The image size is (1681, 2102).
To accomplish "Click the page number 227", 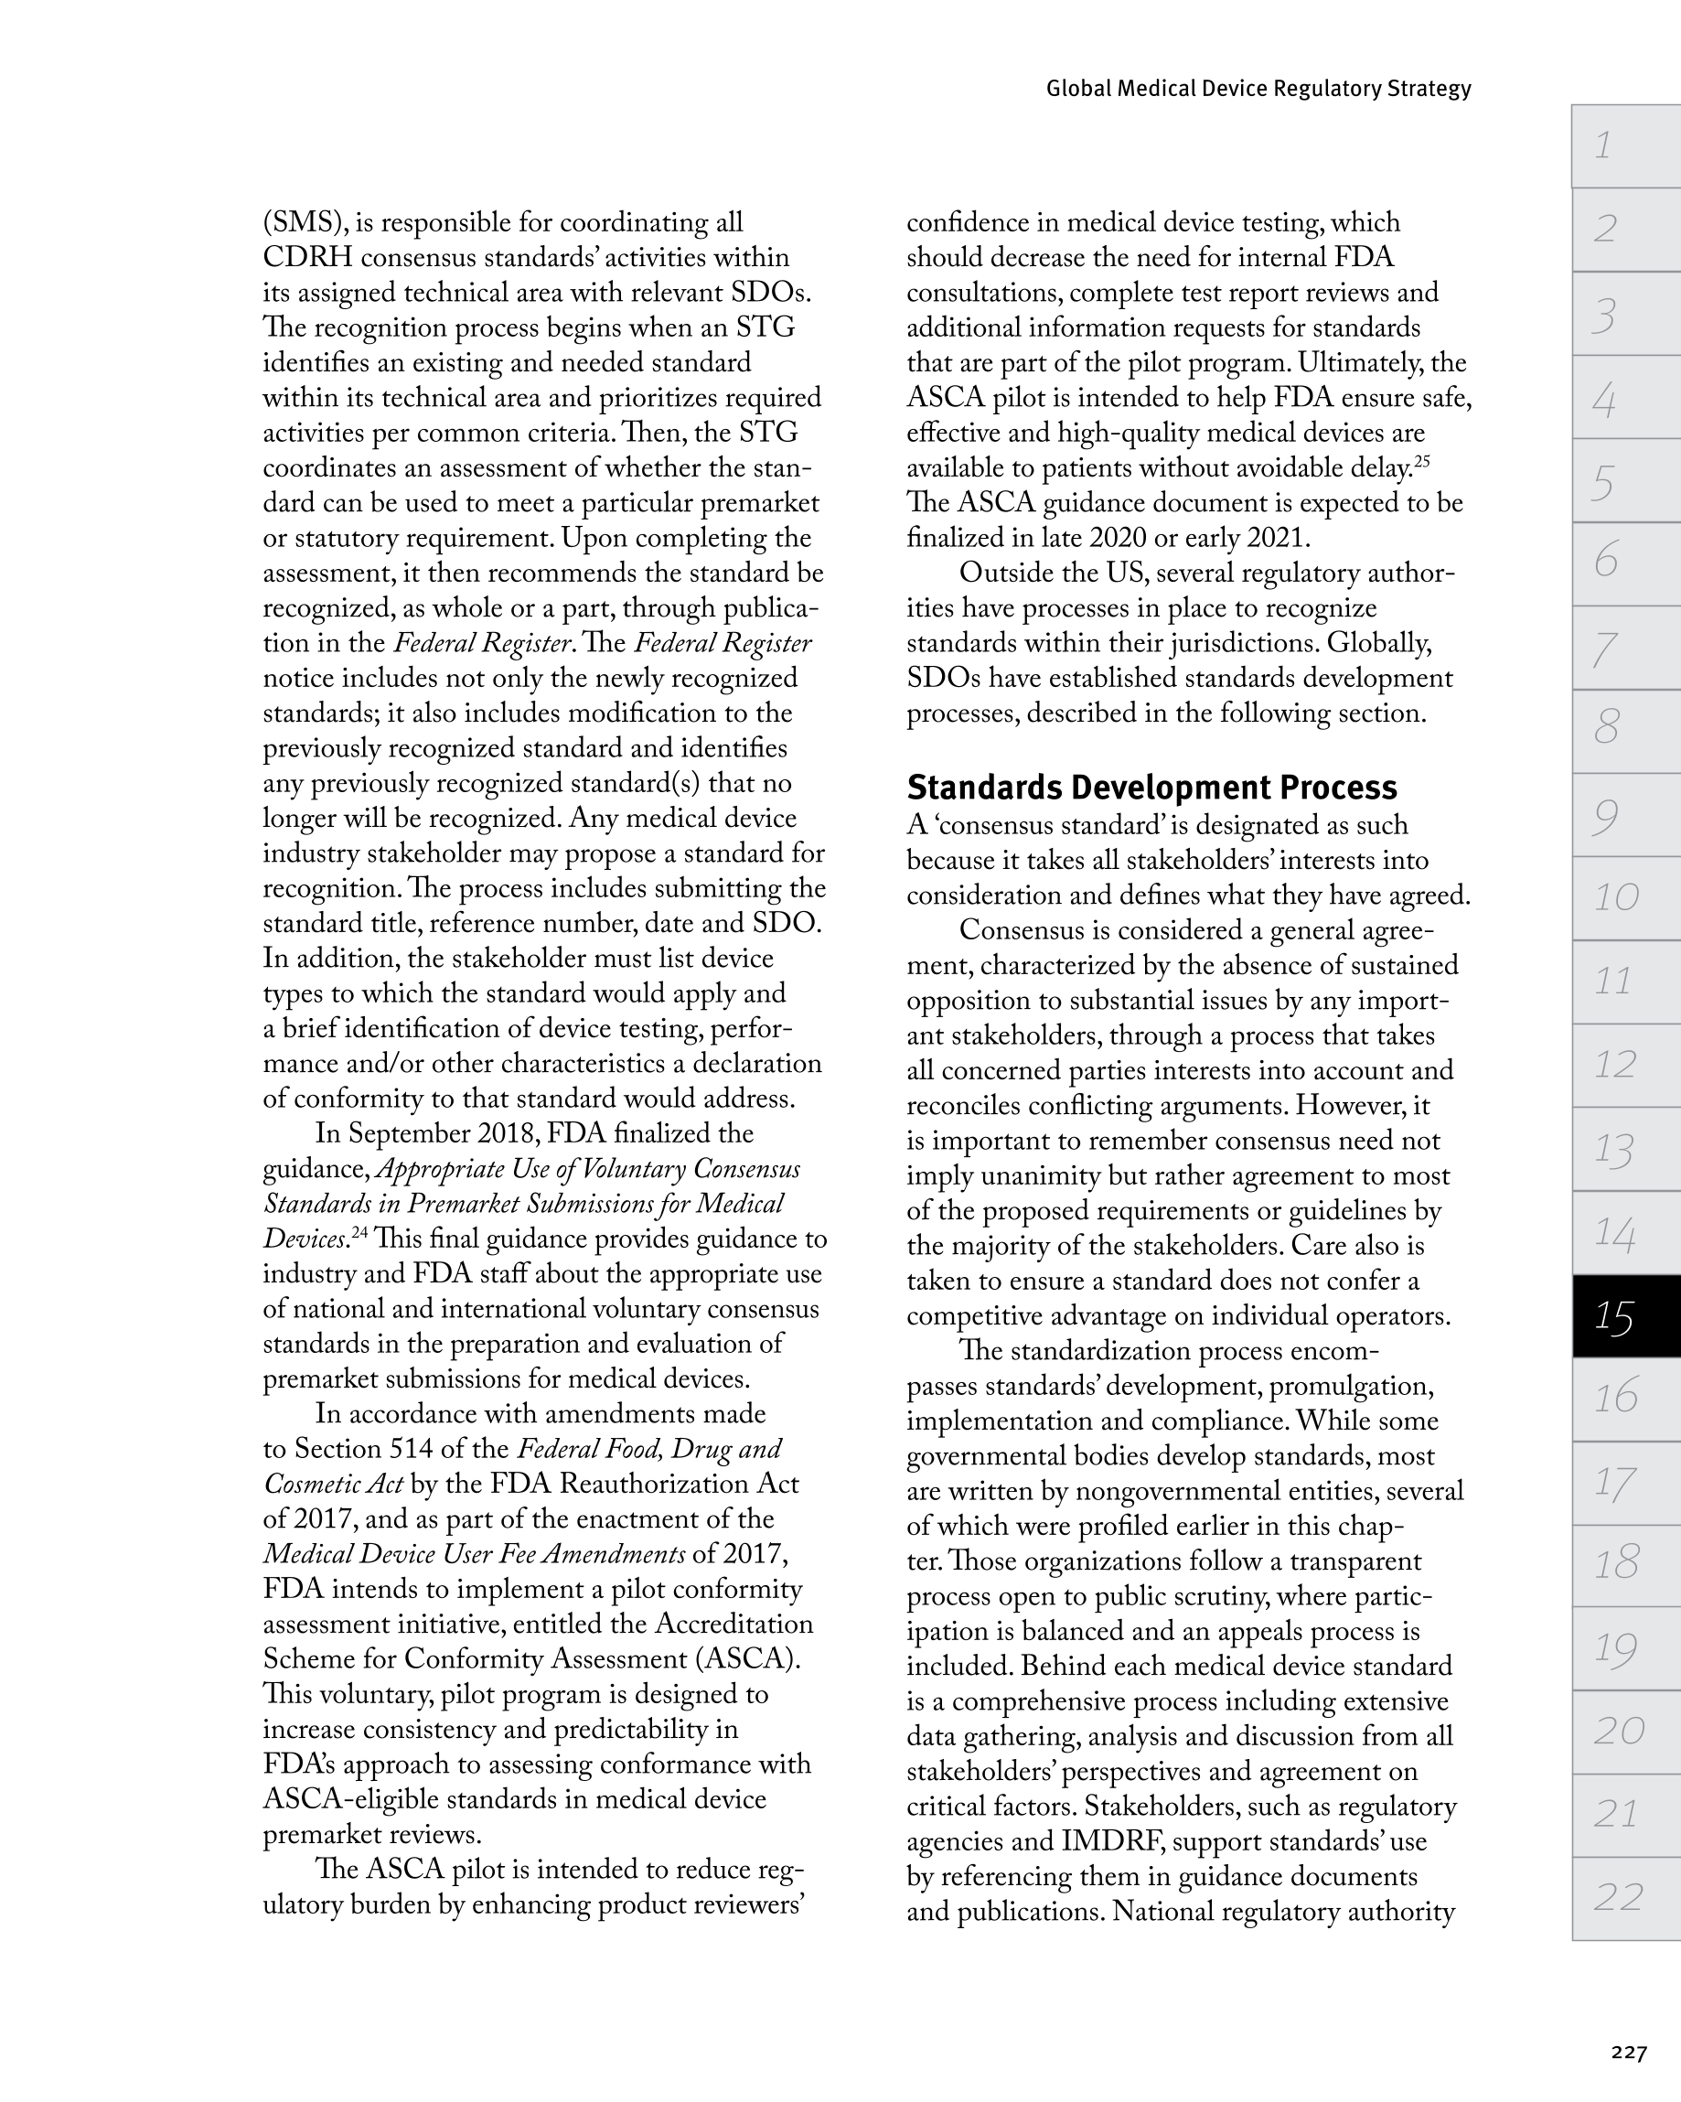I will pos(1628,2053).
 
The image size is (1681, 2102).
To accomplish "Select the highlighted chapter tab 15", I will pos(1624,1317).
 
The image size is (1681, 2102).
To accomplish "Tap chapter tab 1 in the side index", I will pos(1624,146).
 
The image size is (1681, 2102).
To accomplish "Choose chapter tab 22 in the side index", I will pos(1624,1896).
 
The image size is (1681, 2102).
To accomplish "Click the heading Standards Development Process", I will pos(1151,787).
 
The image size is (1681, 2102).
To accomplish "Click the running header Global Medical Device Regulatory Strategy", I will pos(1258,89).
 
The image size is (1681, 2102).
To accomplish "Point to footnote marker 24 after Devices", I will pos(359,1232).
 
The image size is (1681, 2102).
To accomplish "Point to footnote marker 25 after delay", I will pos(1421,461).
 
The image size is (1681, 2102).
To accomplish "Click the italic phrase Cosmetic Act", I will pos(333,1484).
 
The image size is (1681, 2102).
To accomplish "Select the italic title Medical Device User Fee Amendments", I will pos(474,1554).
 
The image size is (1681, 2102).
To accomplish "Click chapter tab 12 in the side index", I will pos(1624,1065).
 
